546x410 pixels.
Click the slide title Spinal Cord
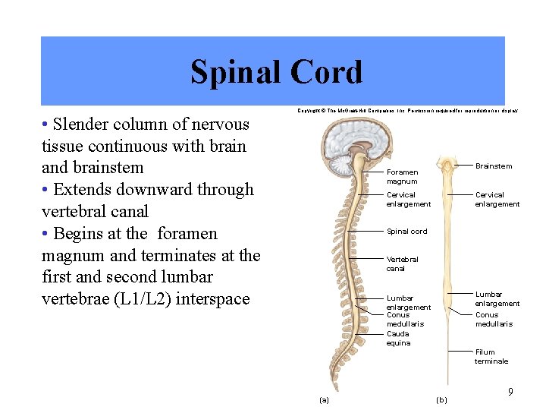point(276,72)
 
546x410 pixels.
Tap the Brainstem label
point(493,166)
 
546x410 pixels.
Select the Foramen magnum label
point(402,177)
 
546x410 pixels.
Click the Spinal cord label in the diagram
point(406,232)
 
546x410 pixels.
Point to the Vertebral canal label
point(402,263)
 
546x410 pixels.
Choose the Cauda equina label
point(398,339)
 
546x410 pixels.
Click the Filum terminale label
point(491,357)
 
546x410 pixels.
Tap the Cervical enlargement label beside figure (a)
point(408,200)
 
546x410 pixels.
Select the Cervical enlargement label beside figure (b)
point(497,200)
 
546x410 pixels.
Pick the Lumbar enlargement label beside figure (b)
point(497,299)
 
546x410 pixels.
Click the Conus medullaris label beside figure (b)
point(494,320)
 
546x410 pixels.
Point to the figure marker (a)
point(324,399)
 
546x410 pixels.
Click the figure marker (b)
point(442,399)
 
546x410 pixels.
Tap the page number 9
point(510,392)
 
